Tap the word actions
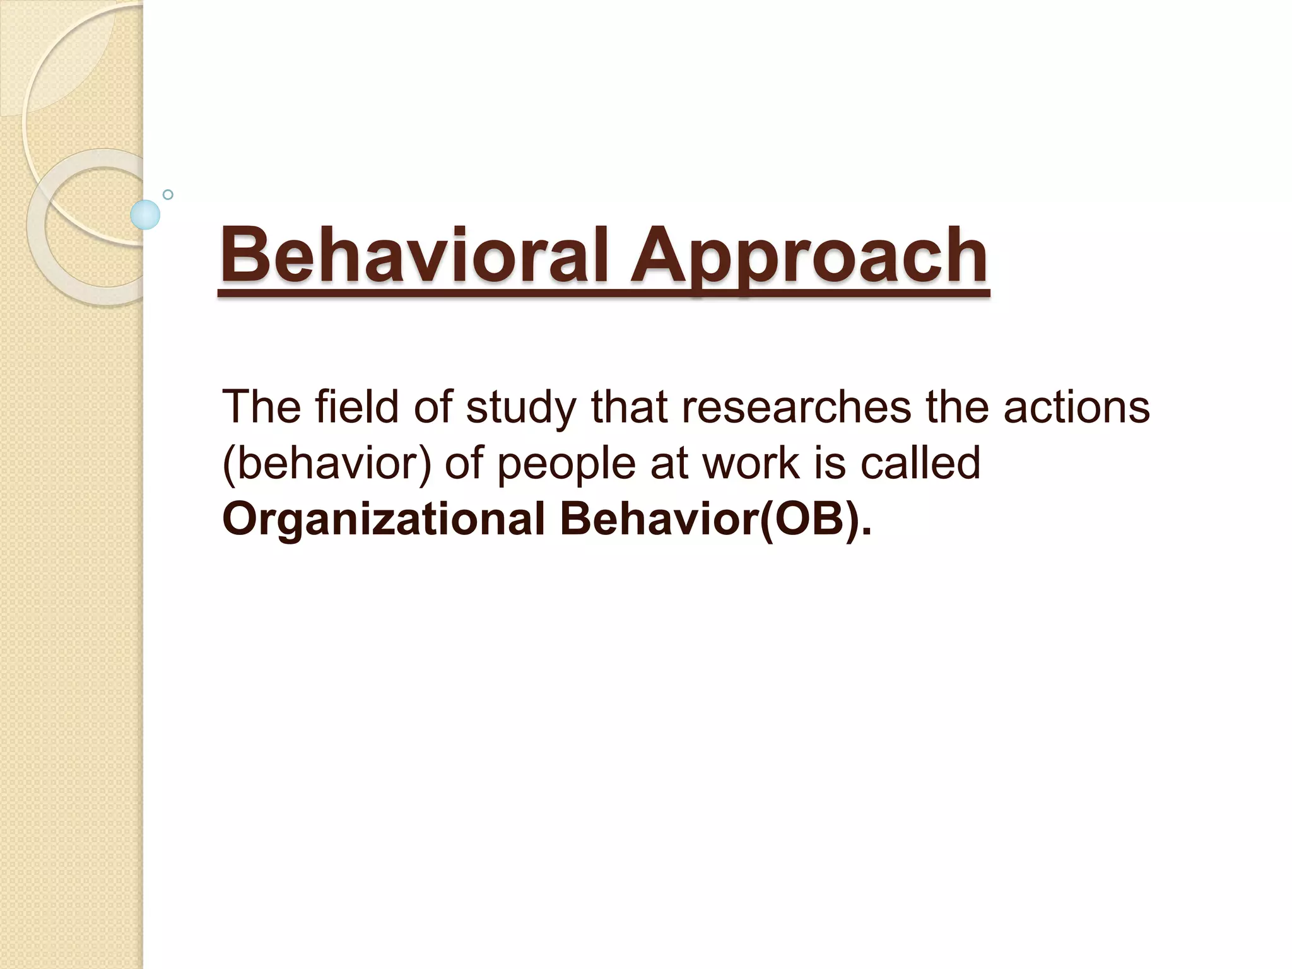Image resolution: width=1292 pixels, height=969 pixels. coord(1076,407)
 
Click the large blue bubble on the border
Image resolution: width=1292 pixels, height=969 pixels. coord(145,214)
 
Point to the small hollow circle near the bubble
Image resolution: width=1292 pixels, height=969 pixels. coord(168,194)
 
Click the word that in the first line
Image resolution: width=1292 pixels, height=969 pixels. coord(628,407)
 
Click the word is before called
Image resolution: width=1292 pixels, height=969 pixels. coord(830,462)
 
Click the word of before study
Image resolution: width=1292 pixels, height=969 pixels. coord(433,407)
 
